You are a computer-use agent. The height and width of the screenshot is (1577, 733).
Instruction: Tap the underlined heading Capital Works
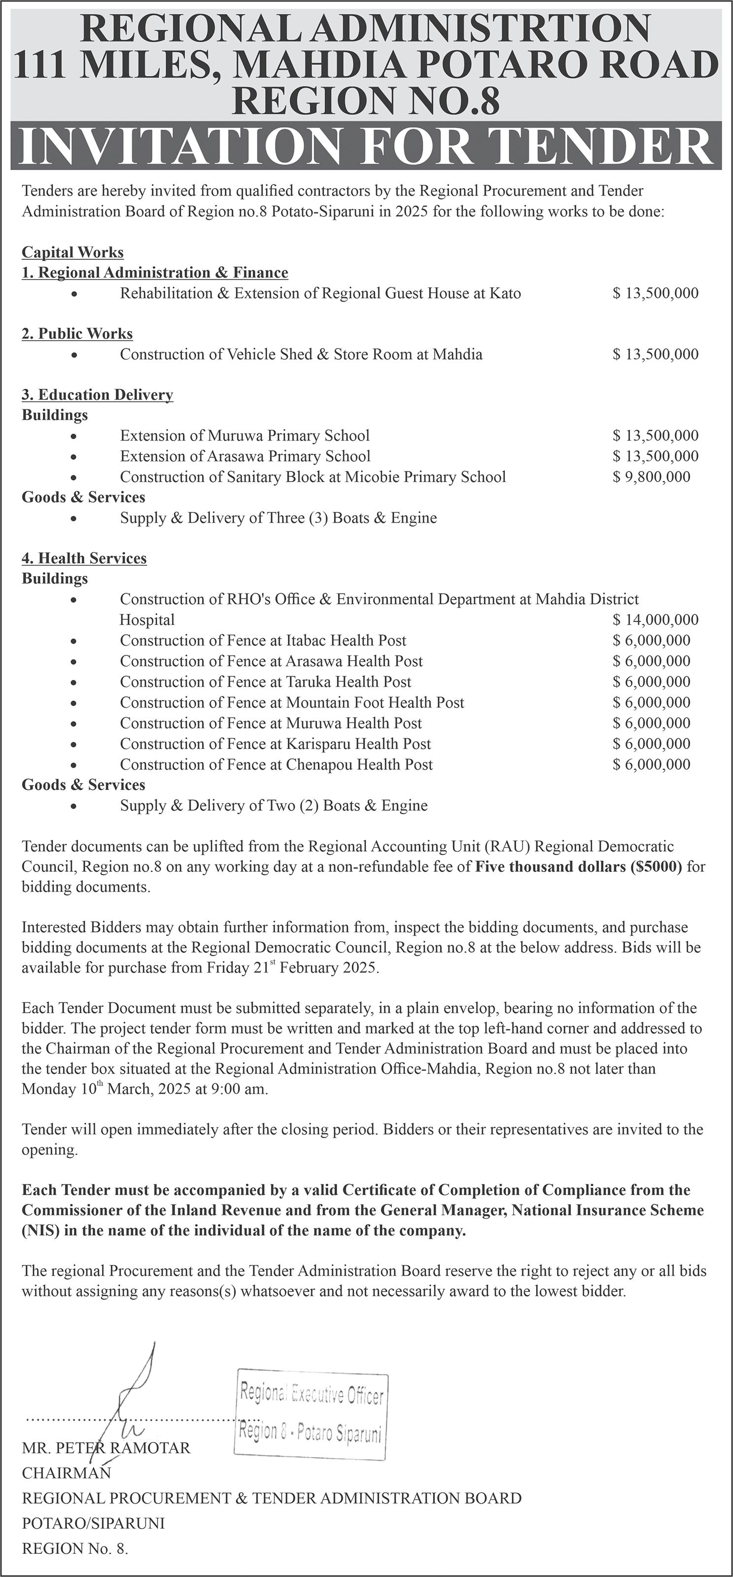tap(73, 252)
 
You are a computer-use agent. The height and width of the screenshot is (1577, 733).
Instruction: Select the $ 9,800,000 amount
tap(651, 477)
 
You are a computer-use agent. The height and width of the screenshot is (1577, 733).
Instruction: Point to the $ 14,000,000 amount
tap(655, 620)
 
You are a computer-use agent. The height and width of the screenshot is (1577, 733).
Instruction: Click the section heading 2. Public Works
tap(77, 334)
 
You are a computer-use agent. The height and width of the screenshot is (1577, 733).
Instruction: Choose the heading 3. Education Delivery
tap(97, 395)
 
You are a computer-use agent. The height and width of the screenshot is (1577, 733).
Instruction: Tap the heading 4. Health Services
tap(84, 558)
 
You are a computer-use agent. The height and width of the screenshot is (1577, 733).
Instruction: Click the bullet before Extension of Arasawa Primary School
tap(74, 457)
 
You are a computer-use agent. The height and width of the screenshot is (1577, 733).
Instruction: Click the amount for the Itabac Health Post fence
tap(651, 641)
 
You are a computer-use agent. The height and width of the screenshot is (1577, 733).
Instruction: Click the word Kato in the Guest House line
tap(505, 293)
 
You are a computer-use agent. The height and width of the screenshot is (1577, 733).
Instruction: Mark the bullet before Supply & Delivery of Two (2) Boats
tap(74, 806)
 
